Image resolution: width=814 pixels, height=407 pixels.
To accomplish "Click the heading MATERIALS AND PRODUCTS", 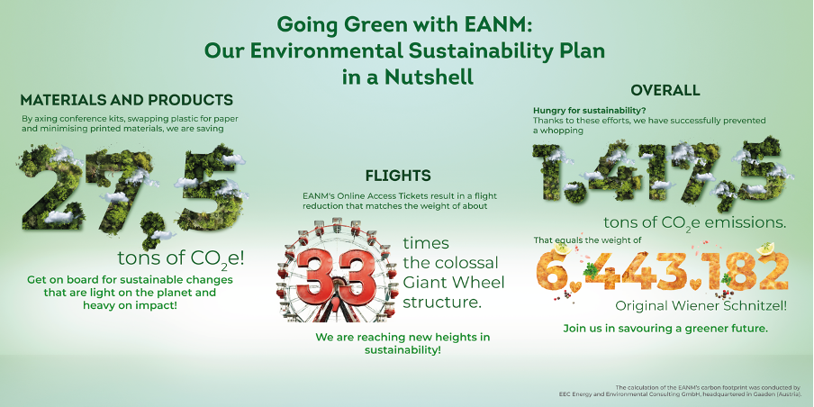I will click(x=127, y=99).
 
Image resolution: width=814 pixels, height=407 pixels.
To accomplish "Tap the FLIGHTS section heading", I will click(x=398, y=175).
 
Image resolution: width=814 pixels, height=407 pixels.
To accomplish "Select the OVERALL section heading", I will click(x=665, y=90).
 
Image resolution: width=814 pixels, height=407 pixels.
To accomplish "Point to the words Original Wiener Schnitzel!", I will click(x=710, y=306).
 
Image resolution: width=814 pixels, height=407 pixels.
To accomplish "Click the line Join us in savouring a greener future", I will click(x=665, y=329).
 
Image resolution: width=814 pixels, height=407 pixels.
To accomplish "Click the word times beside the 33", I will click(x=425, y=244).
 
